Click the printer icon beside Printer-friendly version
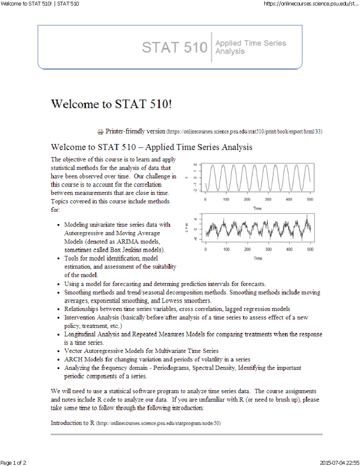[100, 132]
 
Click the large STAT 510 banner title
[175, 47]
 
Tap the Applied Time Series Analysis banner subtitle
[250, 47]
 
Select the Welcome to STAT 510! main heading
[111, 104]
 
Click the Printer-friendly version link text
[135, 131]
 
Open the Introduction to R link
[73, 423]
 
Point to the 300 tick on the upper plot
[268, 200]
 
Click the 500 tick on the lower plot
[310, 249]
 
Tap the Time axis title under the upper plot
[257, 208]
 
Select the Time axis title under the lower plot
[258, 258]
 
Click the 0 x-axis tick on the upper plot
[205, 200]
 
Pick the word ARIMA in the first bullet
[128, 242]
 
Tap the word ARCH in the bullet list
[73, 359]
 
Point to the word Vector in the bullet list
[73, 351]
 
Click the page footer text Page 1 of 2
[13, 463]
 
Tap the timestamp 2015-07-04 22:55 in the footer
[339, 463]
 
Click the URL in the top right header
[311, 4]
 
